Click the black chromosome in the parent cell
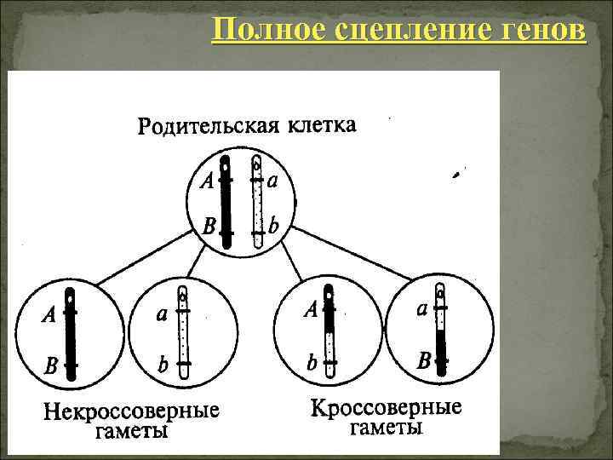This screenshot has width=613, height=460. pyautogui.click(x=226, y=203)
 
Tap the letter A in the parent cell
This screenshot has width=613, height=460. pyautogui.click(x=206, y=181)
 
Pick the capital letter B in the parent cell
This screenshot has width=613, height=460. pyautogui.click(x=207, y=227)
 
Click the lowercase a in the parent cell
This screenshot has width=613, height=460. pyautogui.click(x=272, y=180)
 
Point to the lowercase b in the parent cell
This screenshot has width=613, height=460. pyautogui.click(x=273, y=227)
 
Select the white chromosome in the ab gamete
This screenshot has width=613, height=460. pyautogui.click(x=182, y=333)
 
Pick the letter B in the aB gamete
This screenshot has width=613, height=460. pyautogui.click(x=423, y=361)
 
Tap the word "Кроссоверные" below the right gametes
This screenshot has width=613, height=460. pyautogui.click(x=387, y=407)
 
